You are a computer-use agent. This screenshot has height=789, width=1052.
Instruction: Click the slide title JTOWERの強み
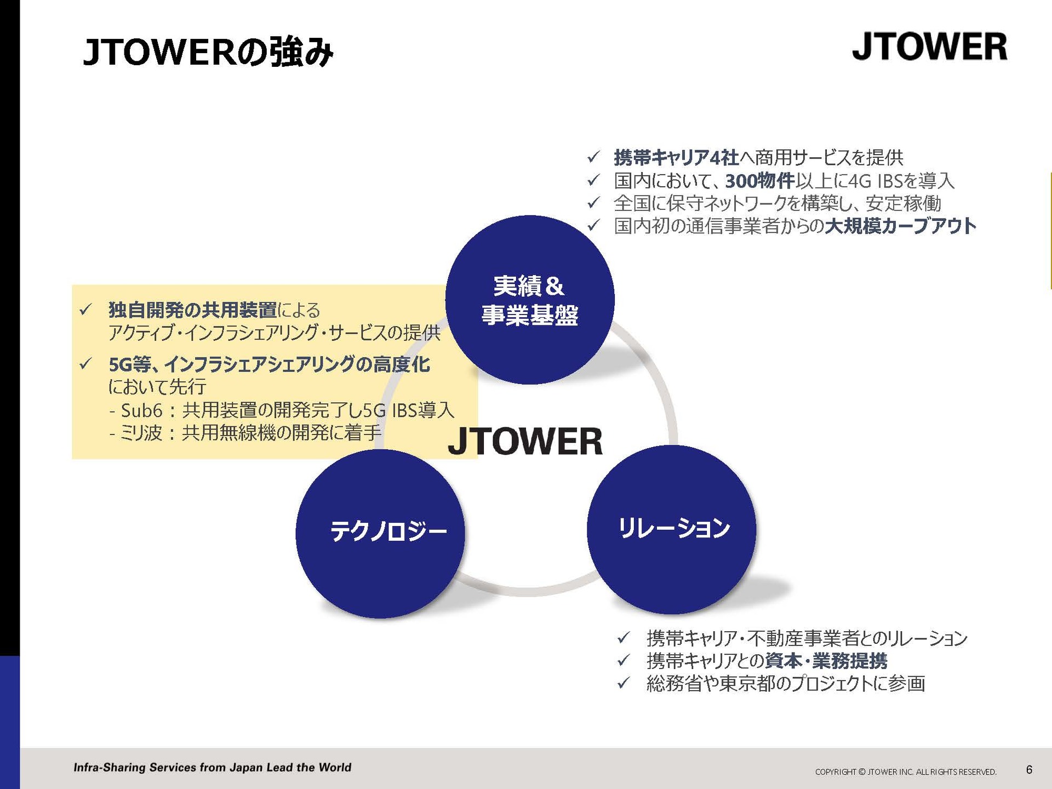(208, 53)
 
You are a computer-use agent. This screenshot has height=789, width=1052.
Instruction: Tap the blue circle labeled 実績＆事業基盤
(529, 300)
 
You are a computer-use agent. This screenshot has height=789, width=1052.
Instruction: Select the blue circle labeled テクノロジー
(380, 534)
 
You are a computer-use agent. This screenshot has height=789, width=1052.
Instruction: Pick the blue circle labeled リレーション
(672, 529)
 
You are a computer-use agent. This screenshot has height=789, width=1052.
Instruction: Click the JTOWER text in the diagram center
(525, 441)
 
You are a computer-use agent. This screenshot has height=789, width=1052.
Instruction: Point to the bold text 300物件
(760, 181)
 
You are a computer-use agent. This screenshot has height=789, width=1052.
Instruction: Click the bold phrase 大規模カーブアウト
(900, 226)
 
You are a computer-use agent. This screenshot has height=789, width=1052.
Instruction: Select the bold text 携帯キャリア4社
(676, 158)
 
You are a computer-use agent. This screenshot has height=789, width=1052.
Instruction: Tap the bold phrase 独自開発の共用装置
(193, 310)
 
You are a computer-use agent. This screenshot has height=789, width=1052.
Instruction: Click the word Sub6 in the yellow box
(142, 410)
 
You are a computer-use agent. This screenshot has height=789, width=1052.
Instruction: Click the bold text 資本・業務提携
(826, 661)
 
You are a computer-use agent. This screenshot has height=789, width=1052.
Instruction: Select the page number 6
(1029, 770)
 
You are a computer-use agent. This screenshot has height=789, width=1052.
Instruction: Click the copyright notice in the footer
(906, 772)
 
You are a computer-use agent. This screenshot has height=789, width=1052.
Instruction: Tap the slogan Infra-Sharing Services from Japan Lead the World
(213, 768)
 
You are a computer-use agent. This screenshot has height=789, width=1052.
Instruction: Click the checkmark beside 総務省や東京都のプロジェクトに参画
(623, 683)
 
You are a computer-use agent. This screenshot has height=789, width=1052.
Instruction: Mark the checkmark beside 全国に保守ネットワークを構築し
(593, 203)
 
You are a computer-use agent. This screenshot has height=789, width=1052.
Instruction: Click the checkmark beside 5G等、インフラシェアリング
(85, 364)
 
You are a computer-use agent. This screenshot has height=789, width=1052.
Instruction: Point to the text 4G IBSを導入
(901, 181)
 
